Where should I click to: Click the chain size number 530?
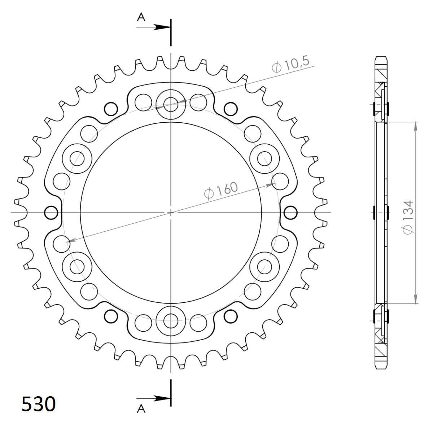click(39, 404)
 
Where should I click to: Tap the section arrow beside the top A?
click(161, 27)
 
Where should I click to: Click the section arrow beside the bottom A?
click(161, 398)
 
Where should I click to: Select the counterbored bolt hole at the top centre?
click(171, 105)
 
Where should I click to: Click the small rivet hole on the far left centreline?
click(51, 213)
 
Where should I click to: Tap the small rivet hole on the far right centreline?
click(290, 213)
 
